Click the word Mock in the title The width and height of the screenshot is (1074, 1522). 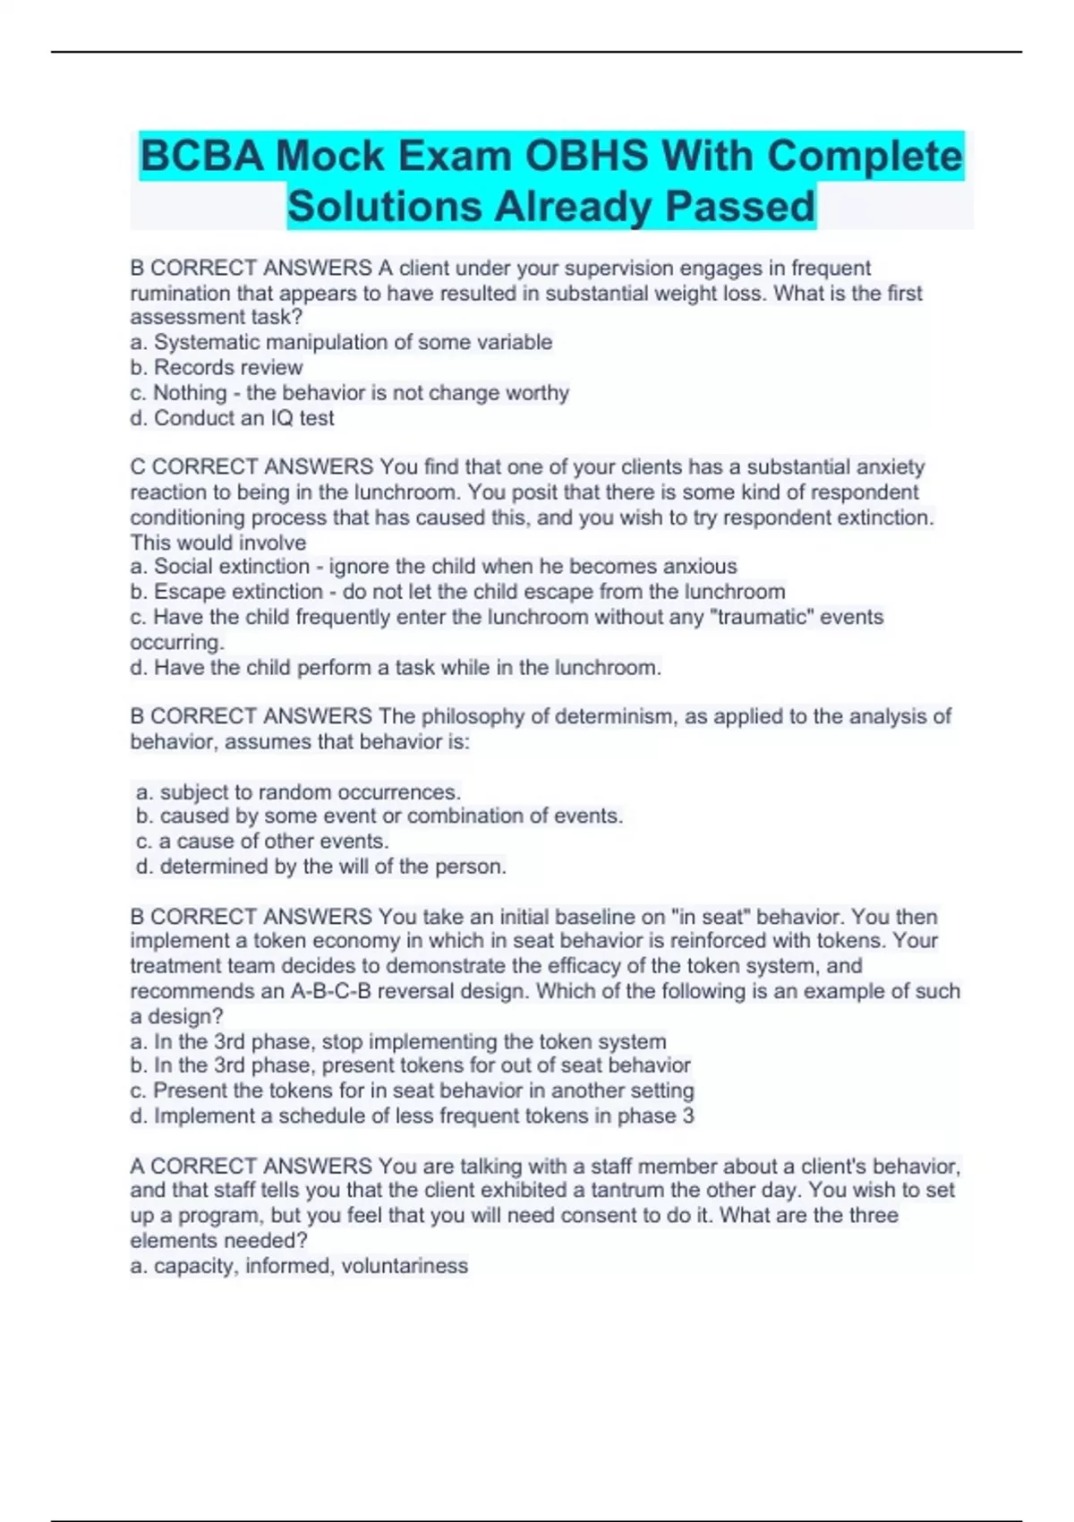[329, 157]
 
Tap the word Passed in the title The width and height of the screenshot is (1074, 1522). [739, 207]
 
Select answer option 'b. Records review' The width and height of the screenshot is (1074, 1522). [217, 367]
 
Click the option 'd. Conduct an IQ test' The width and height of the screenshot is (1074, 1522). [232, 418]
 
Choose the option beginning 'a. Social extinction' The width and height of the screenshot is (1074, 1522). [433, 567]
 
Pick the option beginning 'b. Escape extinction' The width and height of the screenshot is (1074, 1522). [457, 592]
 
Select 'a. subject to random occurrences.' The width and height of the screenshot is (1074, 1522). [298, 792]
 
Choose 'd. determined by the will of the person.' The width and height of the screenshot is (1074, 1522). [320, 867]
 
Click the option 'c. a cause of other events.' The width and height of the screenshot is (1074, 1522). [262, 842]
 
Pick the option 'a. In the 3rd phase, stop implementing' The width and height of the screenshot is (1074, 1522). [398, 1042]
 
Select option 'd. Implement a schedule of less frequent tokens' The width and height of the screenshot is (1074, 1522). [412, 1116]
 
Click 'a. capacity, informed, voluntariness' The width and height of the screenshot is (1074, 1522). [299, 1266]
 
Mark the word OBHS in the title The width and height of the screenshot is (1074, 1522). [585, 157]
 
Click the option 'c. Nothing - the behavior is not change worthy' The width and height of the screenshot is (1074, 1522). [349, 393]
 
